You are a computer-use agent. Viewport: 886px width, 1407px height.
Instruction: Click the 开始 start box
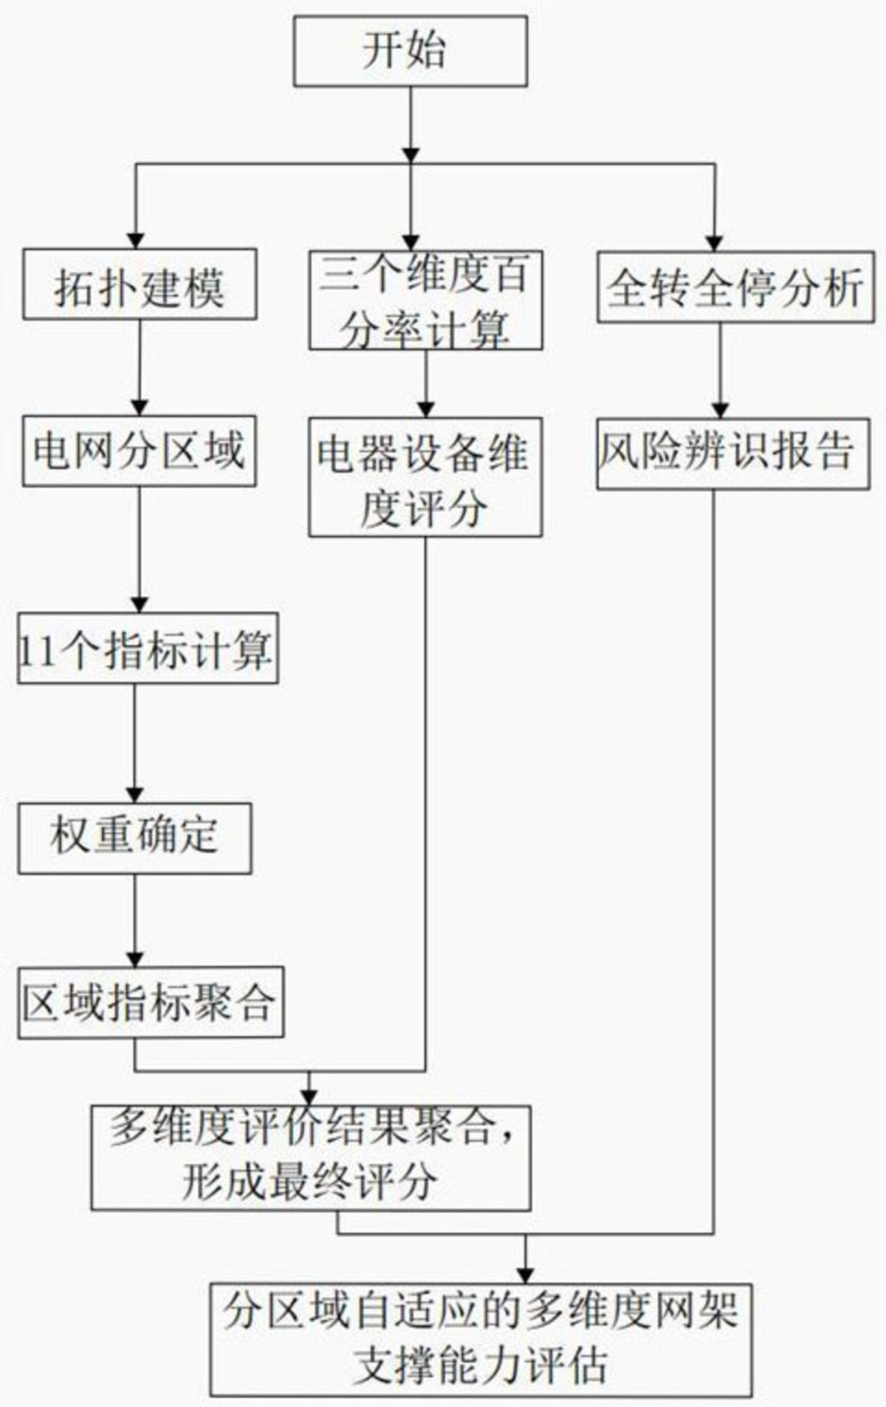tap(410, 52)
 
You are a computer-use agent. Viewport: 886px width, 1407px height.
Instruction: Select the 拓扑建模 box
tap(140, 284)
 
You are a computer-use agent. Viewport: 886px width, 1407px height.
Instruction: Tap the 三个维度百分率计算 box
tap(425, 300)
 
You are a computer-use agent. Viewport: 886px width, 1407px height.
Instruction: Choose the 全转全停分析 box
tap(735, 287)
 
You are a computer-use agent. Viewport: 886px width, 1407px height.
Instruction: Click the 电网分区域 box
tap(139, 451)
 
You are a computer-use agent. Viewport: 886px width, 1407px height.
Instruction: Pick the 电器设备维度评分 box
tap(425, 477)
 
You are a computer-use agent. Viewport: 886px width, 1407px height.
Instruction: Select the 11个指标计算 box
tap(148, 648)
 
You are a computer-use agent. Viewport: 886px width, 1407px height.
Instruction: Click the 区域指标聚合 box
tap(151, 1002)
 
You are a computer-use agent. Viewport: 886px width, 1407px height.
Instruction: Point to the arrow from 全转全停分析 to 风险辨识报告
tap(721, 370)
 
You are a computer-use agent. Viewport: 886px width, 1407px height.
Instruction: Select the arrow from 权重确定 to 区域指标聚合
tap(134, 920)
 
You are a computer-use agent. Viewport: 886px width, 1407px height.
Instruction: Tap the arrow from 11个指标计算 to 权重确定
tap(134, 742)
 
